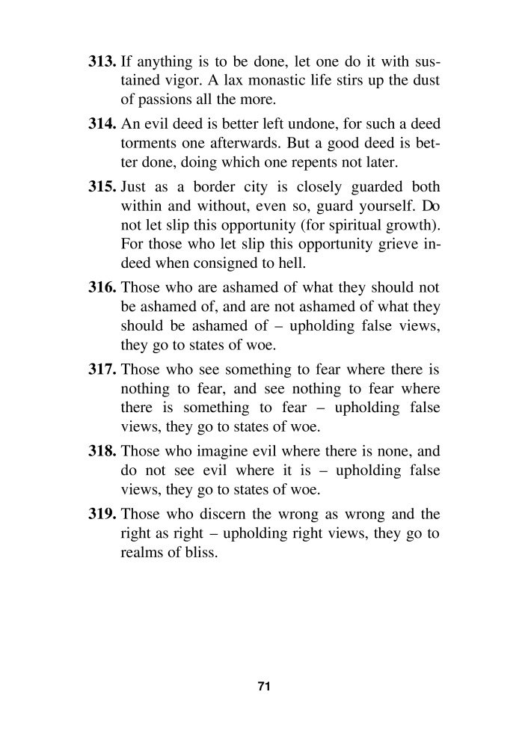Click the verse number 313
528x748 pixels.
pos(102,38)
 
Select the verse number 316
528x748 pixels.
pos(102,286)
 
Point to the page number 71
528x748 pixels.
pos(263,687)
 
